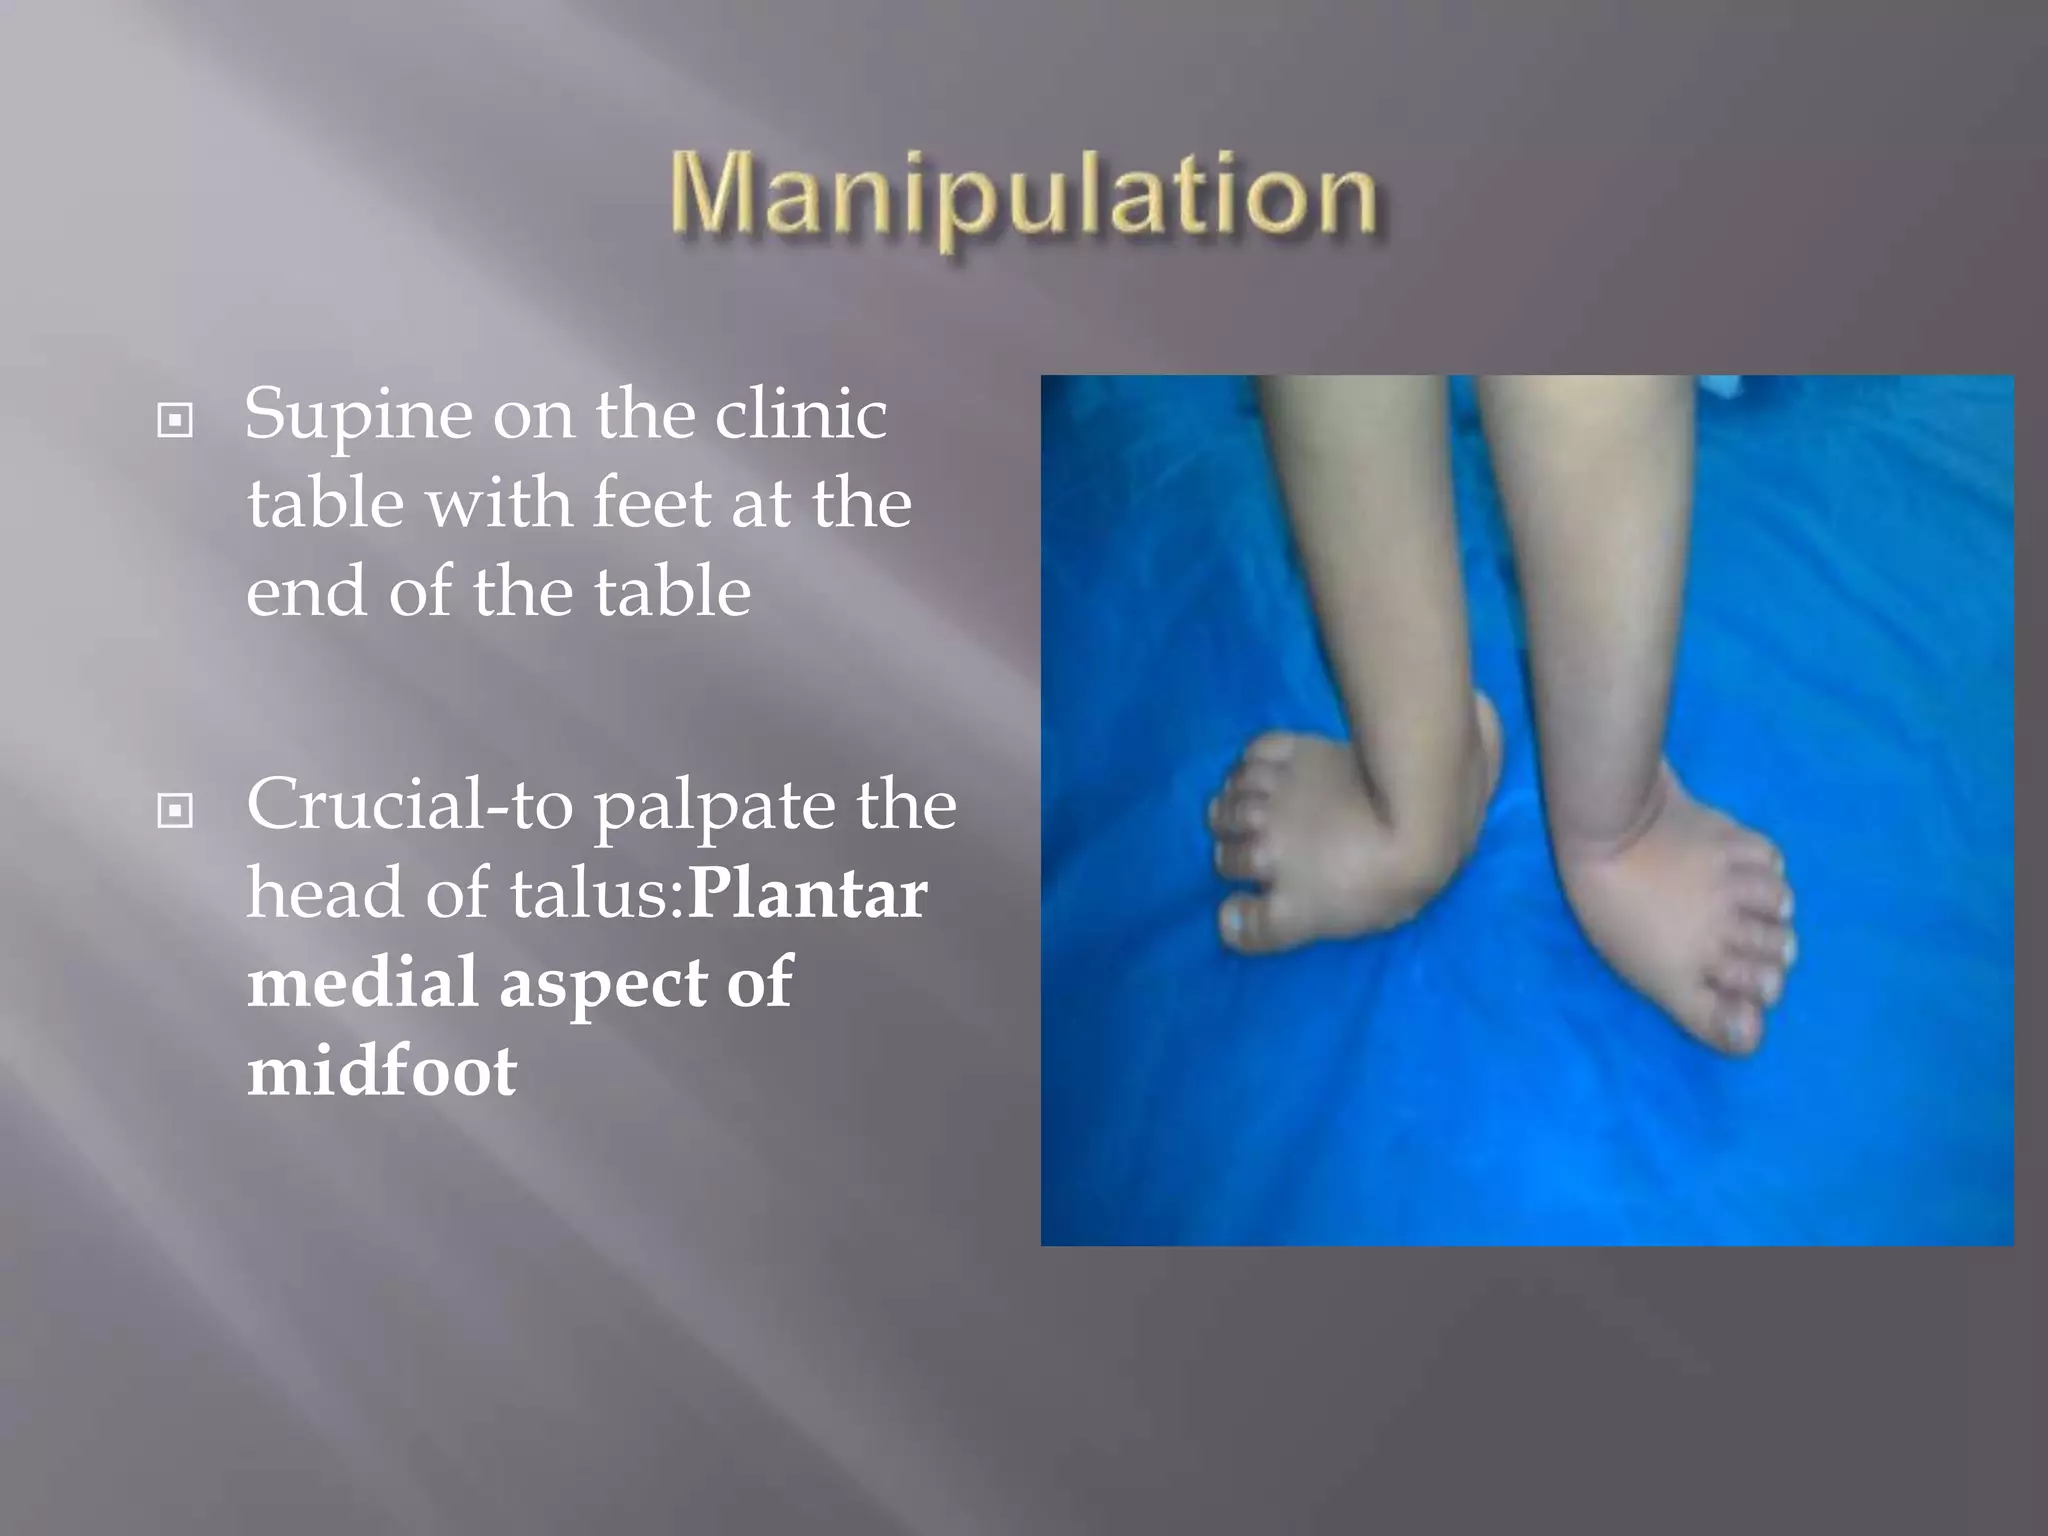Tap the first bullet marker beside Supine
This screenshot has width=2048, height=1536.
(175, 420)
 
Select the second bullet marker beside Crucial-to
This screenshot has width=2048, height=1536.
(175, 810)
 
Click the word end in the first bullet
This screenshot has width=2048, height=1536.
(306, 591)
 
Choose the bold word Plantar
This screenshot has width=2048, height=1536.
(808, 893)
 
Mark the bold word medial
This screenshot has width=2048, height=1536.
(361, 981)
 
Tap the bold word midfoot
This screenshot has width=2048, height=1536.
(382, 1070)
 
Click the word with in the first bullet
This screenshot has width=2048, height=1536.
(498, 502)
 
